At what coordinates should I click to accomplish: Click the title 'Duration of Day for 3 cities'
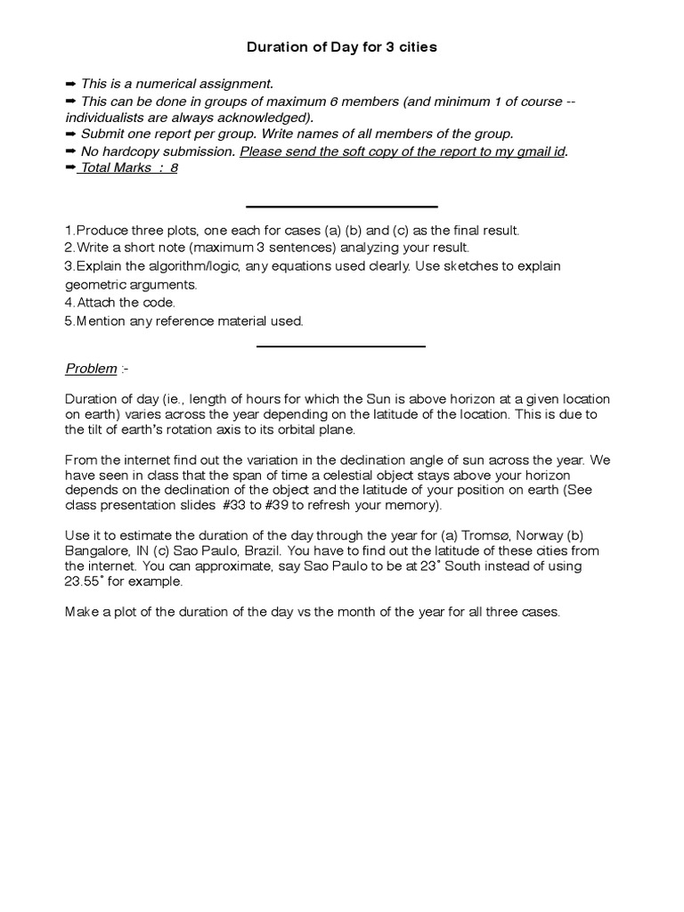tap(341, 47)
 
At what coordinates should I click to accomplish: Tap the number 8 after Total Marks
tap(174, 167)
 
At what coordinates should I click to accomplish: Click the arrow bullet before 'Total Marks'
tap(71, 167)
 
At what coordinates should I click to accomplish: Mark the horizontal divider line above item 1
tap(341, 207)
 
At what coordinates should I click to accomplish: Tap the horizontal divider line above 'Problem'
tap(341, 346)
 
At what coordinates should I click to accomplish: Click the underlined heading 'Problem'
tap(92, 369)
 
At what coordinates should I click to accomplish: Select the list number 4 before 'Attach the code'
tap(69, 302)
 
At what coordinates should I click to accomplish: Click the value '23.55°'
tap(86, 582)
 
